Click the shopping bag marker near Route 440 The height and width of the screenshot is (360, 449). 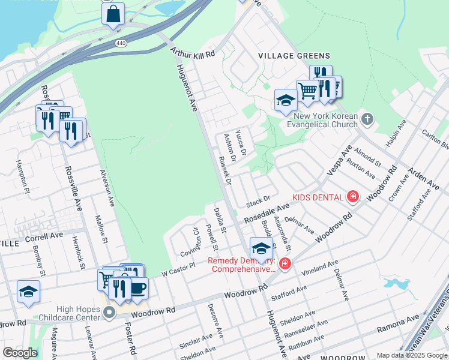point(113,14)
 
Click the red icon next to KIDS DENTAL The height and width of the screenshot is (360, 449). point(352,197)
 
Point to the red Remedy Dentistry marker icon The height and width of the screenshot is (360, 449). point(284,263)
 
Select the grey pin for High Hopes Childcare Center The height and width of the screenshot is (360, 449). point(108,312)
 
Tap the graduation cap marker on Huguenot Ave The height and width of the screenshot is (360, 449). point(261,248)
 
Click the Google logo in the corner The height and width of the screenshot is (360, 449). point(19,352)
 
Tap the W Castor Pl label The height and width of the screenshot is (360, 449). point(179,269)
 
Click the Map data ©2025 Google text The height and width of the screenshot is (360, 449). point(412,355)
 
